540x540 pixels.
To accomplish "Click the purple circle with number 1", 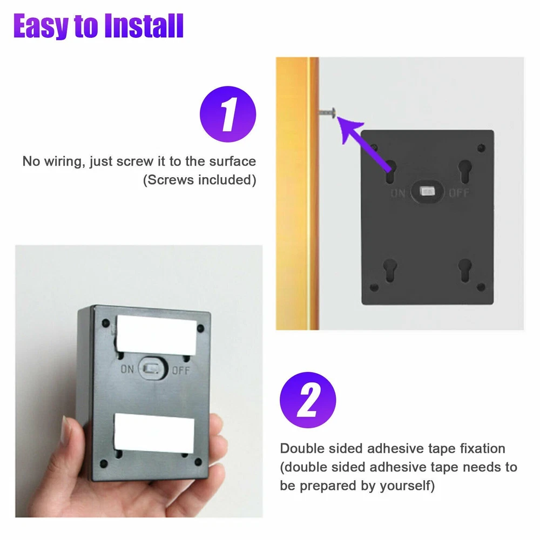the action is (x=228, y=114).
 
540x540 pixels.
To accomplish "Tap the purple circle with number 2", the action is (x=308, y=400).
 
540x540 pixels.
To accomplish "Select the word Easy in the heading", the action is (x=40, y=26).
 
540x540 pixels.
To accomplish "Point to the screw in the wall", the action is (x=328, y=112).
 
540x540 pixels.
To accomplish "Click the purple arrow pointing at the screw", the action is (x=364, y=144).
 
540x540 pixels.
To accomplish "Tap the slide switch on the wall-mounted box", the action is (x=427, y=191).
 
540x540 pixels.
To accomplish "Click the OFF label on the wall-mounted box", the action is (x=458, y=193).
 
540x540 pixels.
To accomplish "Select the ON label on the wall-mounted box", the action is (x=398, y=193).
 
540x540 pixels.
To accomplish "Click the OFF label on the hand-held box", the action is (x=180, y=370).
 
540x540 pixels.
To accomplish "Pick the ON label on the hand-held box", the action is (x=127, y=369).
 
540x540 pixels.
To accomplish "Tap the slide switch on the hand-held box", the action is (x=152, y=368).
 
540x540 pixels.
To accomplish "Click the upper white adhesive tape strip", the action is (x=157, y=334).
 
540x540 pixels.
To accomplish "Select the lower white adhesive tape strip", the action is (x=154, y=433).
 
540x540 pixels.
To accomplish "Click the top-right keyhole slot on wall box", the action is (x=465, y=172).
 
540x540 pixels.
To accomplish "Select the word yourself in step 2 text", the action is (x=407, y=486).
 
